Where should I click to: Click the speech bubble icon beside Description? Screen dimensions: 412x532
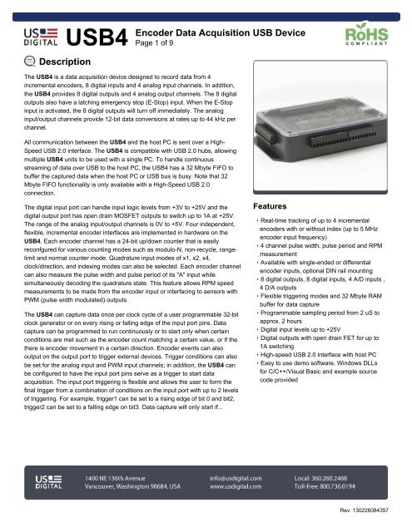point(28,63)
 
